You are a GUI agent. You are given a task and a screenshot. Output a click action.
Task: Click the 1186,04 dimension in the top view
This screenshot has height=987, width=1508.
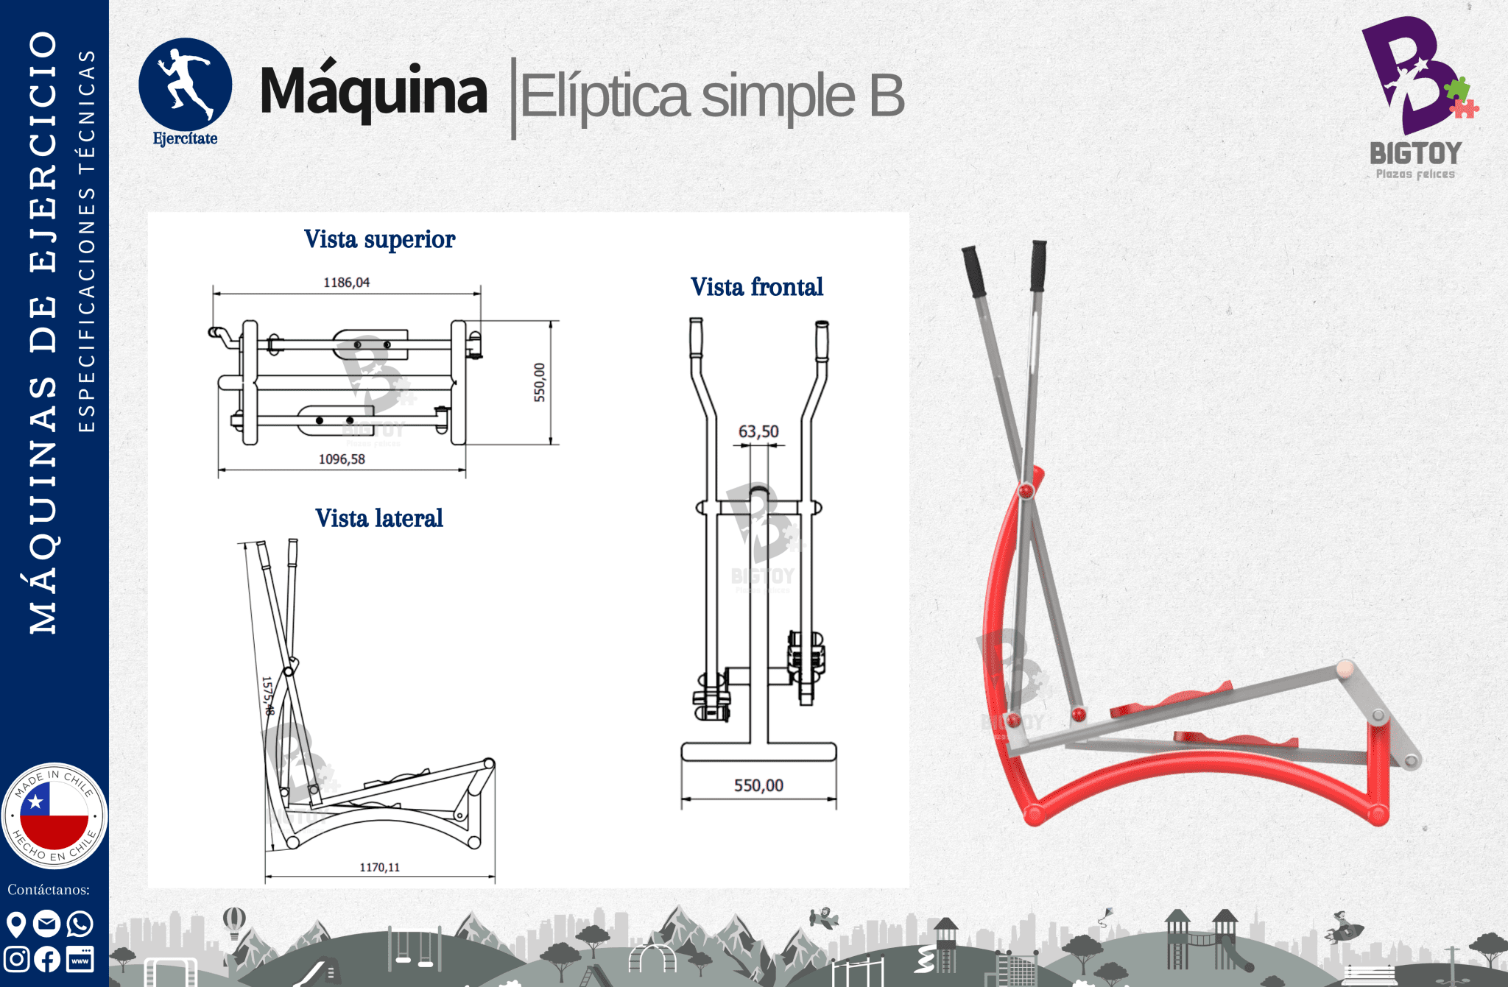346,283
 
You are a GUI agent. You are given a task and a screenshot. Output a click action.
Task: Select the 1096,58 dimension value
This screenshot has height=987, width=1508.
342,459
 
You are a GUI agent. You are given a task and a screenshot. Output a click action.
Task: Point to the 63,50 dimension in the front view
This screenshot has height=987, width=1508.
758,431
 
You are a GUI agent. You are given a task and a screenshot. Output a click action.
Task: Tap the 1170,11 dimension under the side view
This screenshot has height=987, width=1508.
379,867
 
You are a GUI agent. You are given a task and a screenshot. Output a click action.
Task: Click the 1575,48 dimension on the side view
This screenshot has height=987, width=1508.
268,696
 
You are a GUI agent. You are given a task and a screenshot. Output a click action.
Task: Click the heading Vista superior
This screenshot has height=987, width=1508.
380,239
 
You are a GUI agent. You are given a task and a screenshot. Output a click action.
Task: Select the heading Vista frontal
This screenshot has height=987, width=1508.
757,286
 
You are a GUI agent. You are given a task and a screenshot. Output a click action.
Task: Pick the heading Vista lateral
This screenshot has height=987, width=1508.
379,518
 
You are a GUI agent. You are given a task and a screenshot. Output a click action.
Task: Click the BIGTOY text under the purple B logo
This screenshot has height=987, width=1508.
1415,153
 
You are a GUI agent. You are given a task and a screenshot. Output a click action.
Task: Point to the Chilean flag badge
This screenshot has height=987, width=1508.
54,816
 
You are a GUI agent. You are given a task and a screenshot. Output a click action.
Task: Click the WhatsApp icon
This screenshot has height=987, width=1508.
80,923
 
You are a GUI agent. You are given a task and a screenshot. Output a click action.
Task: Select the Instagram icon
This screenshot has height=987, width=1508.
16,959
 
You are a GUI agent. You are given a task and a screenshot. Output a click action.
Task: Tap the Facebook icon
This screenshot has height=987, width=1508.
48,959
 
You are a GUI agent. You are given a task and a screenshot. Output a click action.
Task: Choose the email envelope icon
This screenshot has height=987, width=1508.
48,923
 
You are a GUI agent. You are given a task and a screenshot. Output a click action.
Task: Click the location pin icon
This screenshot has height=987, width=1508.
16,924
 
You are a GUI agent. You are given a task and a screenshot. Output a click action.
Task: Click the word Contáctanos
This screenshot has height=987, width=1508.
49,890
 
